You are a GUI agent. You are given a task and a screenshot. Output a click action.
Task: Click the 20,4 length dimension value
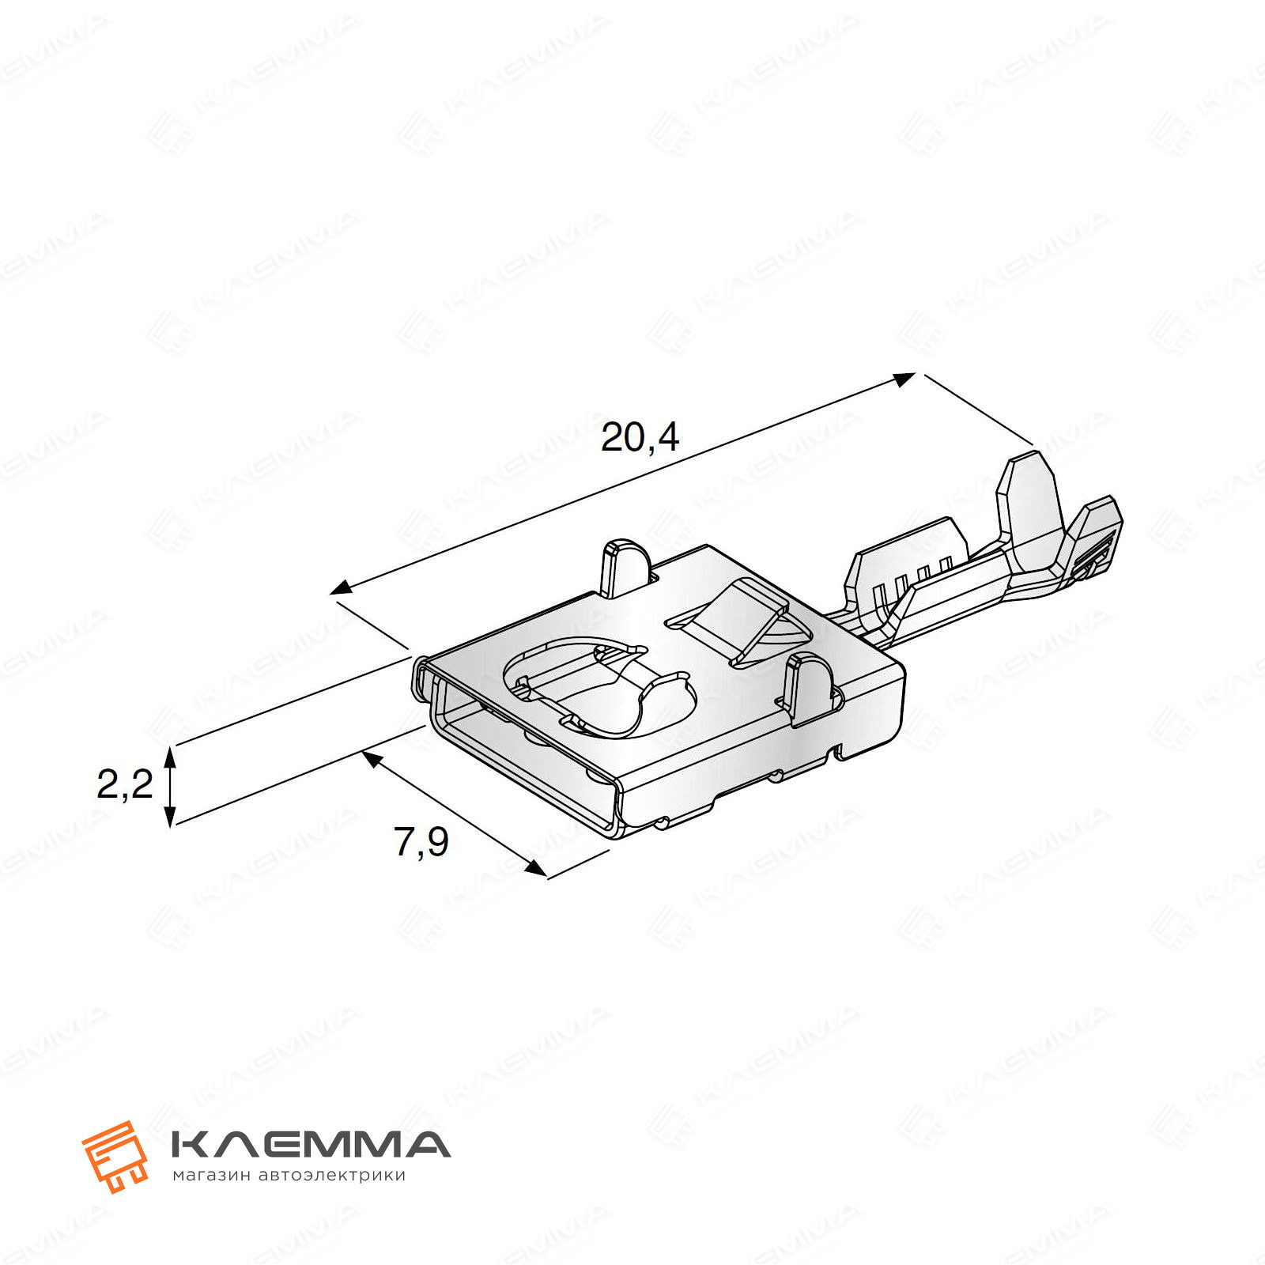pos(640,437)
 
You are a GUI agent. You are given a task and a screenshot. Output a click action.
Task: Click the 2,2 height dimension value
pos(124,784)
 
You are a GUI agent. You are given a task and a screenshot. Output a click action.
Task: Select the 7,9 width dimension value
pos(421,841)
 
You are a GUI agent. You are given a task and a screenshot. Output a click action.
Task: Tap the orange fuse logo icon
pos(115,1156)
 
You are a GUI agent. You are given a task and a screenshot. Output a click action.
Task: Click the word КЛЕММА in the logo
pos(311,1144)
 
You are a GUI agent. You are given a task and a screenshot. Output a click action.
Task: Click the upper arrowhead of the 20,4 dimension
pos(904,379)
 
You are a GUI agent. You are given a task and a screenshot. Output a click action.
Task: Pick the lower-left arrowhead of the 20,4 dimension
pos(342,587)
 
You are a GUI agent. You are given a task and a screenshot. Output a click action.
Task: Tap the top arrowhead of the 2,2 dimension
pos(169,757)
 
